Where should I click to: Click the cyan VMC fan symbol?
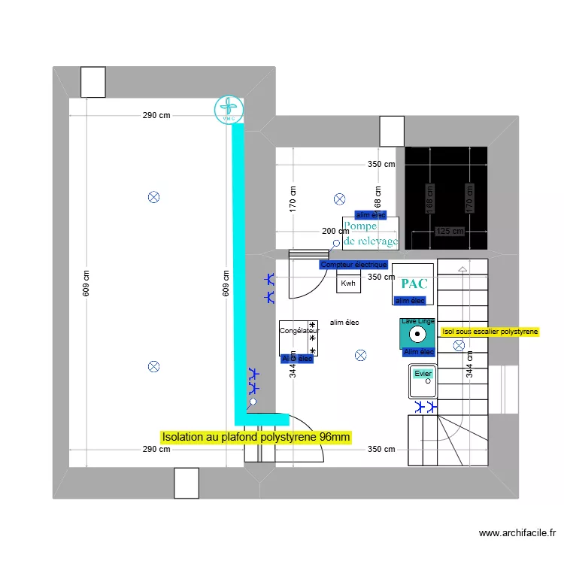(x=228, y=110)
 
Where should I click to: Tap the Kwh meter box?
(x=348, y=283)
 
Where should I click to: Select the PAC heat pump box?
(x=414, y=284)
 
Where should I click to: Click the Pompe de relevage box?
(x=370, y=233)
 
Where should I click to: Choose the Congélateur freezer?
(x=299, y=337)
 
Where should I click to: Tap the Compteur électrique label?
(x=353, y=265)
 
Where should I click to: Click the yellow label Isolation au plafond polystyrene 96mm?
(x=256, y=437)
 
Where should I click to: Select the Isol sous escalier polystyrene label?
(x=490, y=331)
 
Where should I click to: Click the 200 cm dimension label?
(x=335, y=231)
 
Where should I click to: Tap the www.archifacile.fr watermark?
(x=517, y=533)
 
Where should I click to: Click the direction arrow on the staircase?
(x=462, y=268)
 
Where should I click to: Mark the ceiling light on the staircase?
(x=459, y=345)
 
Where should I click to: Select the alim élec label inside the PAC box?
(x=410, y=301)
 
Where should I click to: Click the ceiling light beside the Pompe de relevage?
(x=339, y=199)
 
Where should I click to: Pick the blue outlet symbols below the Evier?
(x=425, y=407)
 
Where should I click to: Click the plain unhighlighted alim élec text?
(x=344, y=323)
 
